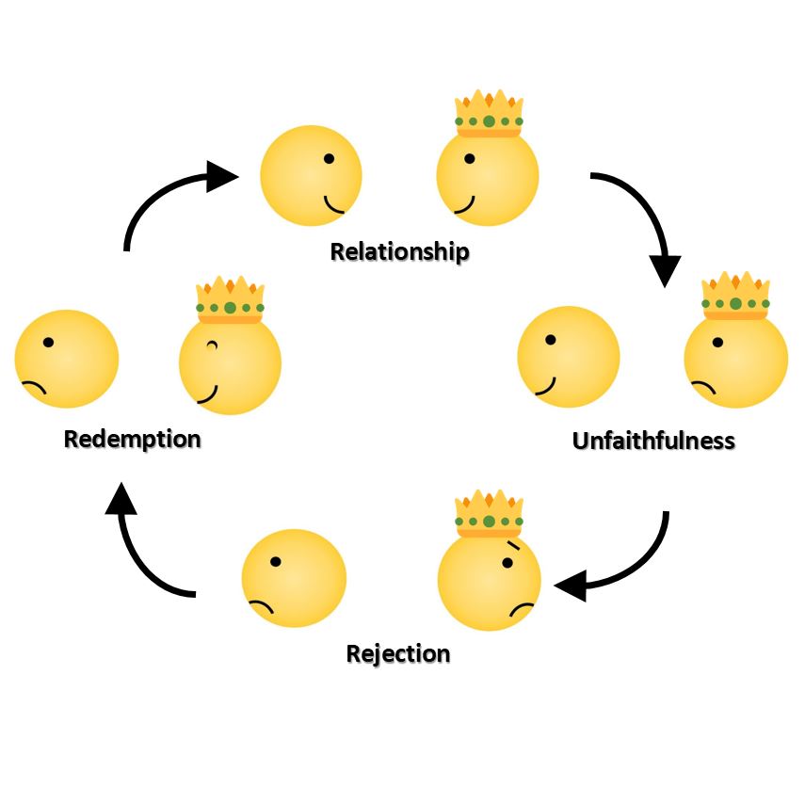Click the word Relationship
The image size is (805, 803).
click(399, 252)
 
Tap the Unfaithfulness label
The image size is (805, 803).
click(653, 441)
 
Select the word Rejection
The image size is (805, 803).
click(398, 653)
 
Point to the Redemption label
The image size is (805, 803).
click(132, 440)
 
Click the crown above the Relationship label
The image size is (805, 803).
click(489, 114)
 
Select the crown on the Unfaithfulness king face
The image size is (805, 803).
click(736, 296)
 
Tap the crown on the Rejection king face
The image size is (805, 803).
click(489, 513)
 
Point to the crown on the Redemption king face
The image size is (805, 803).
click(230, 299)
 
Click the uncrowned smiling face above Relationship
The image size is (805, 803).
click(311, 176)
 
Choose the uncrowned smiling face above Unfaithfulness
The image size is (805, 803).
click(569, 357)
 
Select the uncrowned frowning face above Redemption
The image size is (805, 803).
click(67, 359)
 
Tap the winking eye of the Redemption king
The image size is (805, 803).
click(212, 345)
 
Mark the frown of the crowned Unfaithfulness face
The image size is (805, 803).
click(704, 386)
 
